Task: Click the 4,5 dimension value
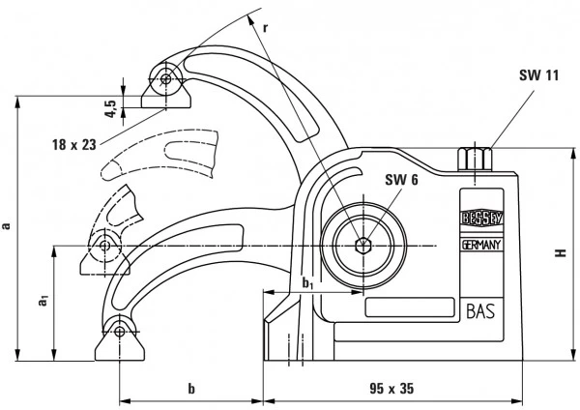tap(112, 107)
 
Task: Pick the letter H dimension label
tap(560, 253)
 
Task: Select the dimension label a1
tap(43, 302)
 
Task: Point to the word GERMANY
tap(478, 248)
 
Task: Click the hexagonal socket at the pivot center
tap(362, 245)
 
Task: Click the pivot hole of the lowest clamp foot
tap(119, 332)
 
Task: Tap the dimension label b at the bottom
tap(191, 389)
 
